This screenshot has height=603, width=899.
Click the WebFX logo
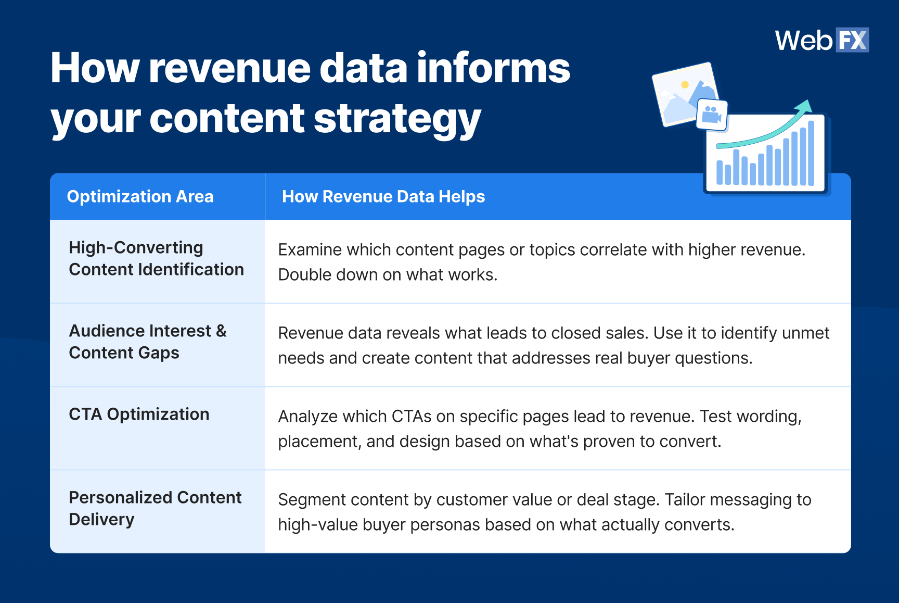click(821, 40)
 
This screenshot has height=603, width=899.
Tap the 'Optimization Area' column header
click(140, 196)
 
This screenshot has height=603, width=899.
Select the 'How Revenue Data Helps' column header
click(383, 196)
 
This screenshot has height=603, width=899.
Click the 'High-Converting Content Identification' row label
click(156, 258)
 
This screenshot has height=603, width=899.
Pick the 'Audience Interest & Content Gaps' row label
click(147, 342)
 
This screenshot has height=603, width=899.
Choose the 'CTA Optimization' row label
click(139, 414)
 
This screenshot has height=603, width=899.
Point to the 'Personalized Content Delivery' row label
click(155, 508)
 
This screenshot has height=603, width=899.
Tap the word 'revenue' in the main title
click(229, 68)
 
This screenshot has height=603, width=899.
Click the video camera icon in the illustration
click(711, 114)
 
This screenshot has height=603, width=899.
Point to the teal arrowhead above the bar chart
click(805, 106)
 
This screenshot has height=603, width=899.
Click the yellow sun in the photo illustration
click(685, 84)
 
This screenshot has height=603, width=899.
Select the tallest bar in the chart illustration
click(811, 153)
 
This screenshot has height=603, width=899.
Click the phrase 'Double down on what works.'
click(388, 274)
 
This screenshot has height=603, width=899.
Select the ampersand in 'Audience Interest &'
click(221, 331)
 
